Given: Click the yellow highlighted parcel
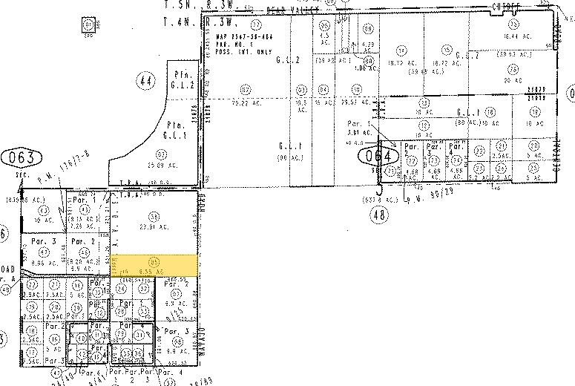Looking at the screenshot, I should click(154, 264).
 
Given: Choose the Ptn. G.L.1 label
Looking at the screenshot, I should click(176, 130).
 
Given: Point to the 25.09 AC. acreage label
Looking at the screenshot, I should click(155, 165).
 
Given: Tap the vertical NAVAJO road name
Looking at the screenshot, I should click(201, 341).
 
